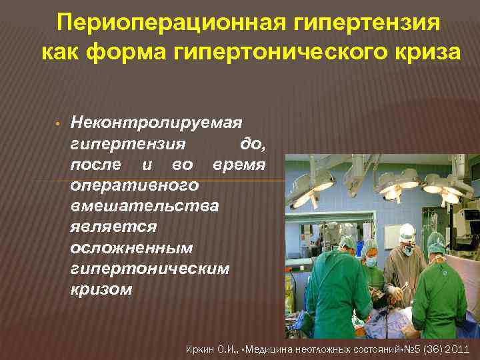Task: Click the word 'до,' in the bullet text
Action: [252, 143]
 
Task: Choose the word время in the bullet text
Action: [239, 164]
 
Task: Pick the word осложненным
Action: [131, 247]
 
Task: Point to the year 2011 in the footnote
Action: [457, 348]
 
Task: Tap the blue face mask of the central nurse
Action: [371, 262]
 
